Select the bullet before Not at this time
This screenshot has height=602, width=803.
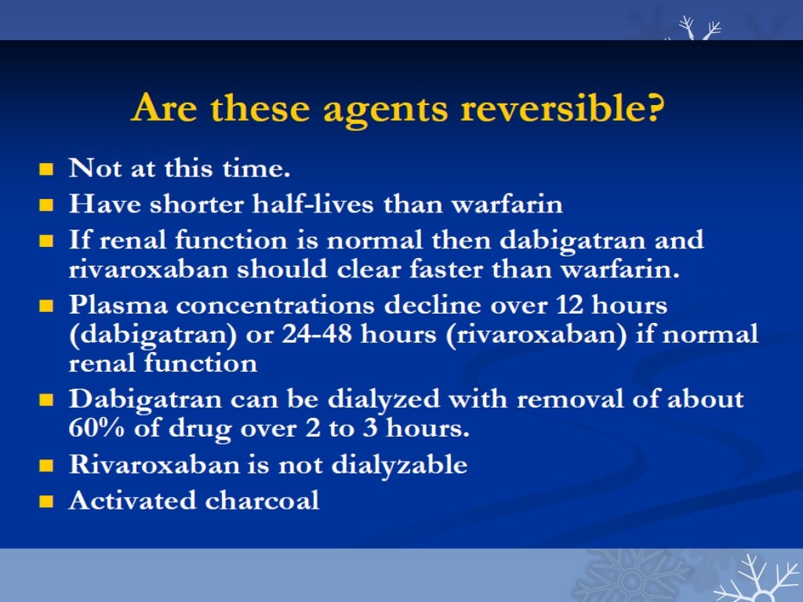[47, 169]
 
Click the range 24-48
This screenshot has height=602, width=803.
[365, 335]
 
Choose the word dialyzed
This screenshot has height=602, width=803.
[389, 399]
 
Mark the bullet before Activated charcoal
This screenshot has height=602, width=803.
[47, 501]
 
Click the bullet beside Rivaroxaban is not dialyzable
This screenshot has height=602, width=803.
[47, 466]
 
